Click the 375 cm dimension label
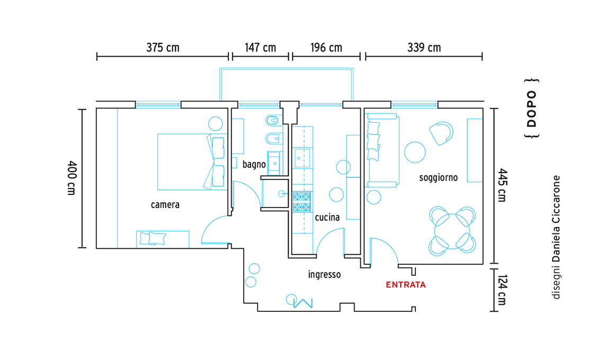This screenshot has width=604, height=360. pos(163,48)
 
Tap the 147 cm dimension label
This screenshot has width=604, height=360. pos(260,48)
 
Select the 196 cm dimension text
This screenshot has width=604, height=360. pos(326,48)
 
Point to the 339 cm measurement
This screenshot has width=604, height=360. pos(424,48)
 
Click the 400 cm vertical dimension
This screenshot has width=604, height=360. pos(72,178)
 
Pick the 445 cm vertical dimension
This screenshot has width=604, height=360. pos(502,185)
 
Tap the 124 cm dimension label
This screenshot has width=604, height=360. pos(502,290)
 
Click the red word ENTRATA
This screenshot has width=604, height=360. pos(406,285)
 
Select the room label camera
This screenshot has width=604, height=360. pos(165,204)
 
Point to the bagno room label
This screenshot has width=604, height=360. pos(254,165)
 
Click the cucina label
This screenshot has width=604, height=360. pos(327,218)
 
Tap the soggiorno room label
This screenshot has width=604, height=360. pos(438,178)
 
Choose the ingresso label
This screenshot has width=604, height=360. pos(324,275)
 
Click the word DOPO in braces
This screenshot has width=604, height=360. pos(531,109)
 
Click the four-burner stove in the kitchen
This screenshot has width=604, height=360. pos(301,202)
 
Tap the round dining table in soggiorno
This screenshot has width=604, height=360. pos(452,231)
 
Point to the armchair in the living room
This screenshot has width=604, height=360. pos(441,133)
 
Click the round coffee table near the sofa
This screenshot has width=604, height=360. pos(415,152)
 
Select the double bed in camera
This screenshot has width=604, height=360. pos(191,161)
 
